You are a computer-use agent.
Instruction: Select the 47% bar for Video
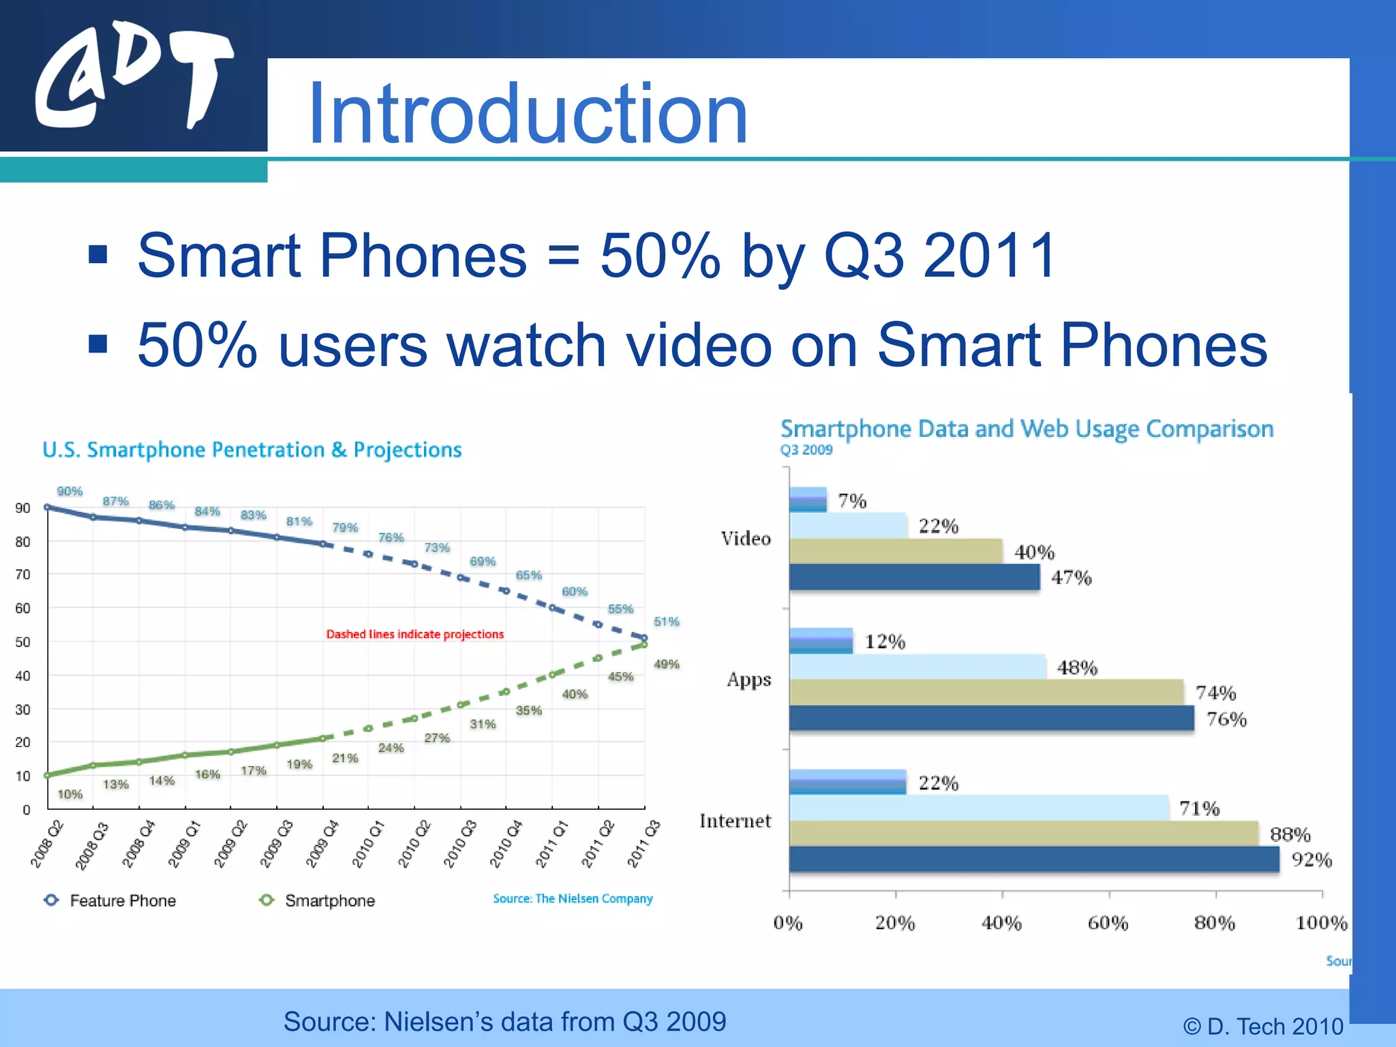[x=914, y=577]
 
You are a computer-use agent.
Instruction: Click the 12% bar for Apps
[x=821, y=641]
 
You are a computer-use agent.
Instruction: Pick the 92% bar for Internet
[x=1033, y=859]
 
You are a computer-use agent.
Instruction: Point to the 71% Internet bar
[x=979, y=808]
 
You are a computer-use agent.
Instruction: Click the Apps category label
[x=748, y=680]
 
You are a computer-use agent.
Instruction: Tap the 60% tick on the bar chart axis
[x=1108, y=923]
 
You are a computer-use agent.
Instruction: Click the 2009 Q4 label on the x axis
[x=322, y=844]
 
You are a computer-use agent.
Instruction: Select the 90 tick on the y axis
[x=23, y=508]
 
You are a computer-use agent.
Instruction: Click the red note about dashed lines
[x=414, y=634]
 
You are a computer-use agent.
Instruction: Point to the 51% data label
[x=666, y=622]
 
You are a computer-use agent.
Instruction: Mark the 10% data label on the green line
[x=70, y=794]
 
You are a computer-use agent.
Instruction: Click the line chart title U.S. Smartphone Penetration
[x=252, y=450]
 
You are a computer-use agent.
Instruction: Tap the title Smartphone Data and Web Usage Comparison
[x=1027, y=429]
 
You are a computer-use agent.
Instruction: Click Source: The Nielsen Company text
[x=573, y=898]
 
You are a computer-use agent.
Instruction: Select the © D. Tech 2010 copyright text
[x=1262, y=1026]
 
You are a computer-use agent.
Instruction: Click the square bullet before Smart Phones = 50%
[x=98, y=254]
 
